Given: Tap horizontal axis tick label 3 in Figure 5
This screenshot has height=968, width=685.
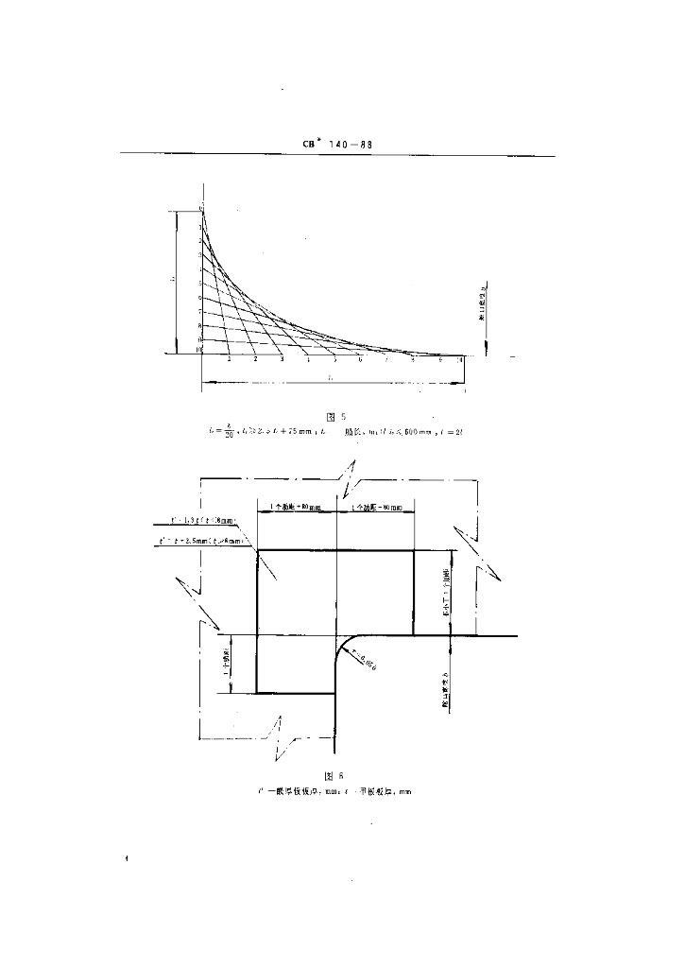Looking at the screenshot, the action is [282, 360].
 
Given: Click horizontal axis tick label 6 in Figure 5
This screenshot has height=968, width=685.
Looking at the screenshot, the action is [360, 360].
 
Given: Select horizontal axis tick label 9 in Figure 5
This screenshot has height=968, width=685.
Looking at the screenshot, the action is [439, 360].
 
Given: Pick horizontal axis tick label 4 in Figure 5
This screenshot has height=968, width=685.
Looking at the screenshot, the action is [308, 360].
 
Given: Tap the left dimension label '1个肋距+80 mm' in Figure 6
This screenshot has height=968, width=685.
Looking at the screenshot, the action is [297, 509].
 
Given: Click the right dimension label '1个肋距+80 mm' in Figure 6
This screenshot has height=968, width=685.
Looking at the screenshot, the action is [375, 509].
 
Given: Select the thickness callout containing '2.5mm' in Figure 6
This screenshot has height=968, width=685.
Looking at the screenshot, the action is [202, 542].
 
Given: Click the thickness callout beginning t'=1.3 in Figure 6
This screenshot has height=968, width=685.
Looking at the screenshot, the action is [202, 521].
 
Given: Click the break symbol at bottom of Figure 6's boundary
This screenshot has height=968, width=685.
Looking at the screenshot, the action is [281, 737].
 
